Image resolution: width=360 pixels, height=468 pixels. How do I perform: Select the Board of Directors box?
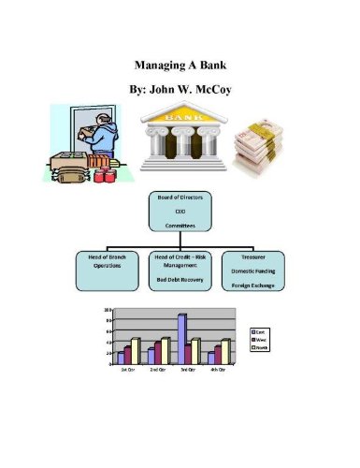(x=180, y=212)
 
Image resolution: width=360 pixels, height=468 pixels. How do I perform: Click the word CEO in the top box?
(x=180, y=212)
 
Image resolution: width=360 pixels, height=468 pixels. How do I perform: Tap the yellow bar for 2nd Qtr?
(x=166, y=351)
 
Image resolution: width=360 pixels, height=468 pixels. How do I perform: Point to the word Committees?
(x=180, y=226)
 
